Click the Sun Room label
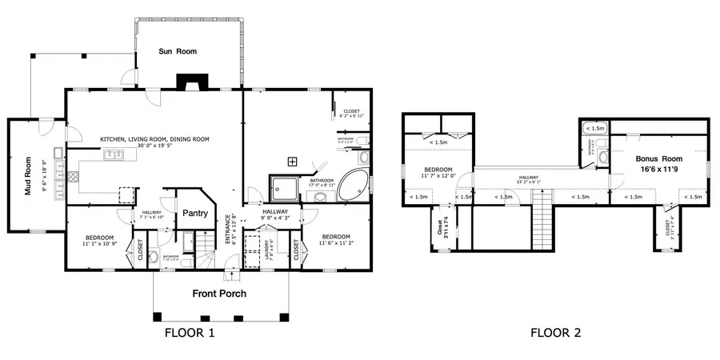178,51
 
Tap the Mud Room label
27,175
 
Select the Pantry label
196,213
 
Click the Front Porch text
218,294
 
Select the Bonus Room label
658,164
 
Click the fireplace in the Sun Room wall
192,82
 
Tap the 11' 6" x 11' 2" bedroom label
336,241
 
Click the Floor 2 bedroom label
438,173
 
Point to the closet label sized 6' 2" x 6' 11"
351,114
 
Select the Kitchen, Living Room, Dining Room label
154,142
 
